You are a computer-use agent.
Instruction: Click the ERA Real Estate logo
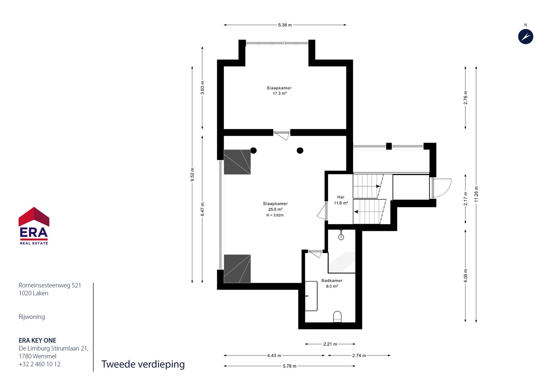pos(34,226)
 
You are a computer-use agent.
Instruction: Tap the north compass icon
pos(526,37)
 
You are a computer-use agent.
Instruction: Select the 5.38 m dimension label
pos(285,25)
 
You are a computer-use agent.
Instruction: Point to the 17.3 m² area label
pos(280,93)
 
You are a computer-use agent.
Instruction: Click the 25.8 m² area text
pos(275,210)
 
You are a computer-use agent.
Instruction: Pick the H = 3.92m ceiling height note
pos(275,215)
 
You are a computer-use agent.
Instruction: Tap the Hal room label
pos(341,197)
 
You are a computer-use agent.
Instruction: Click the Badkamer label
pos(332,281)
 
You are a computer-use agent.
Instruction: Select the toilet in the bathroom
pos(338,317)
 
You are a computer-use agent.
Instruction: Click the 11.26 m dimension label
pos(476,194)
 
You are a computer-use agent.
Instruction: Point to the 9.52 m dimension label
pos(192,174)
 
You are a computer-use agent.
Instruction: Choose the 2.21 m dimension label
pos(330,344)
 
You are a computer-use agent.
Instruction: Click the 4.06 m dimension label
pos(466,276)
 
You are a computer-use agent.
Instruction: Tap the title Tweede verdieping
pos(143,364)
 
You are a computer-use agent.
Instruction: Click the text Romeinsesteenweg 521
pos(50,285)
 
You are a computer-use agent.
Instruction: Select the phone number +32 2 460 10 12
pos(40,364)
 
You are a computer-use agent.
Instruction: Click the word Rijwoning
pos(32,317)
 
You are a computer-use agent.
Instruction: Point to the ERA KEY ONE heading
pos(37,340)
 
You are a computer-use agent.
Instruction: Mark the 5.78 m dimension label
pos(290,366)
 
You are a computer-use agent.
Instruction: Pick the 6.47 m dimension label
pos(202,209)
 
